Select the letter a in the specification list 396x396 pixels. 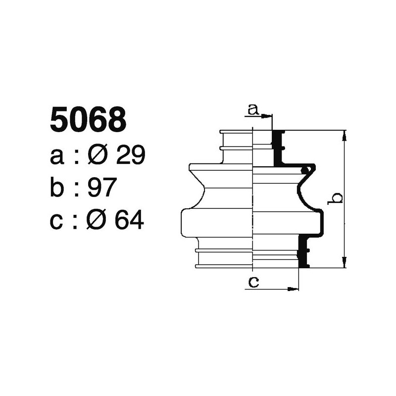57,157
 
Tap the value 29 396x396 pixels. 130,156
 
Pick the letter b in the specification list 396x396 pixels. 57,188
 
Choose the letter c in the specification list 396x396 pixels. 57,221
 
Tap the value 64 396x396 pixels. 129,220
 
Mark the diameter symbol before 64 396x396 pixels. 98,220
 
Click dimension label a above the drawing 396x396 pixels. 253,109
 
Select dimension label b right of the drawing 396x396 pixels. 336,198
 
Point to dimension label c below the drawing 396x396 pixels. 253,283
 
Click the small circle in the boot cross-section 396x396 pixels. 307,171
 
